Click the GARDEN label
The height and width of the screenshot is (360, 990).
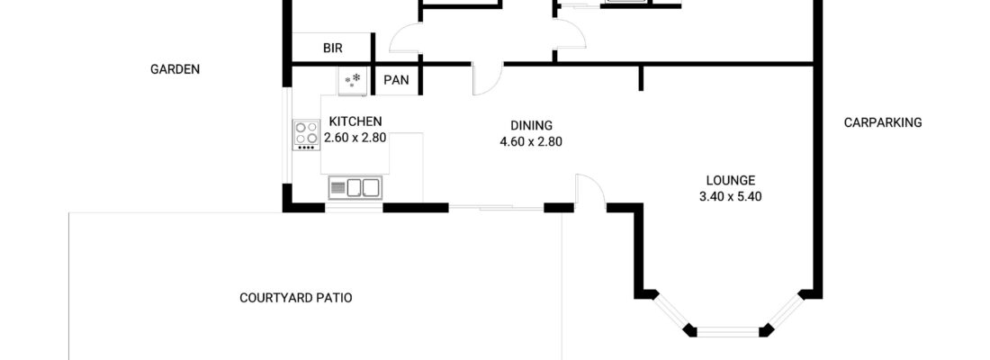[x=175, y=69]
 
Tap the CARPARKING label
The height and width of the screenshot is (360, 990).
[x=883, y=122]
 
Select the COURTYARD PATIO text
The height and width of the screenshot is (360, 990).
[x=296, y=298]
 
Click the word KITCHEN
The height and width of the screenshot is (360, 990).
[x=355, y=121]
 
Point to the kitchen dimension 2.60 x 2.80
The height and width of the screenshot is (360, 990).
[x=355, y=138]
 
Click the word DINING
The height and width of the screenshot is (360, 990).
[x=532, y=125]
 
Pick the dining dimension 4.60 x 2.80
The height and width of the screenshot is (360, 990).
[x=531, y=142]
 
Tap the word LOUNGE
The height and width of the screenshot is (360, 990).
[x=731, y=180]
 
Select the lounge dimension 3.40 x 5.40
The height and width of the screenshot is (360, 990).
[x=731, y=197]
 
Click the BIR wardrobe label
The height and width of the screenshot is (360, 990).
[x=333, y=49]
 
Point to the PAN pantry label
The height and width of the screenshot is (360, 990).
[x=397, y=80]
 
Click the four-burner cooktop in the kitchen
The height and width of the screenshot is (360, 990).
[x=306, y=134]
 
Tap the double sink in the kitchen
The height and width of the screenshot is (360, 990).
[x=355, y=188]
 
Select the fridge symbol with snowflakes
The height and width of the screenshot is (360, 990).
[x=352, y=82]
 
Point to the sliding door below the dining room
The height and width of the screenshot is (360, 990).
[x=496, y=207]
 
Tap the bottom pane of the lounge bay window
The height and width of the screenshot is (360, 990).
[x=728, y=331]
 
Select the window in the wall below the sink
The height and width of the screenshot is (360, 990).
[x=355, y=208]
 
